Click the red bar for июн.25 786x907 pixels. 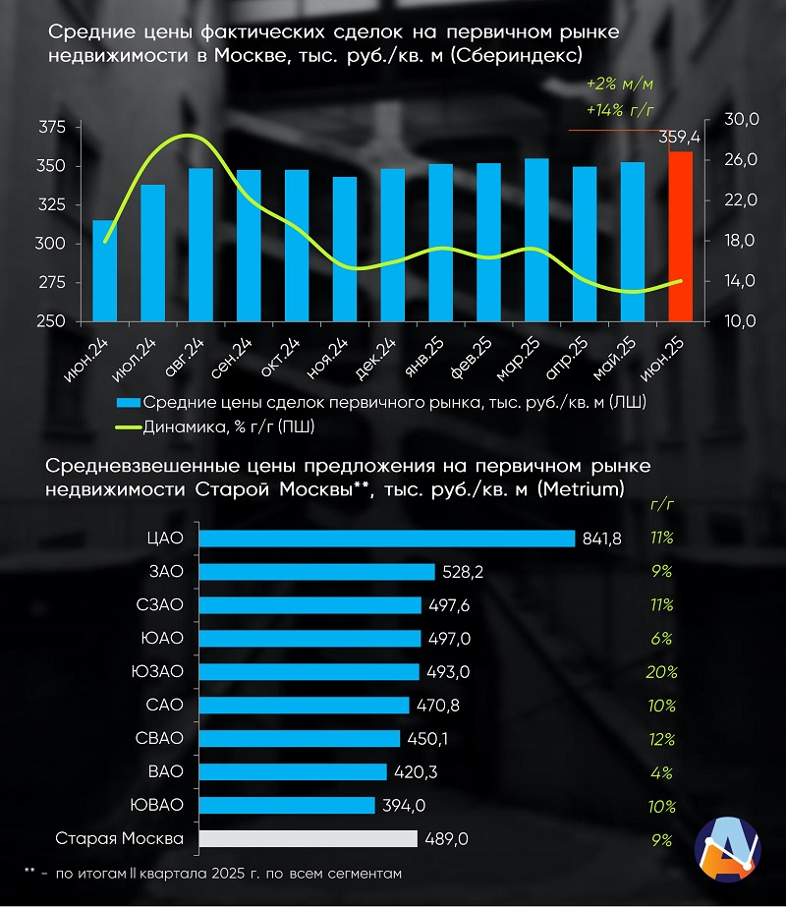coord(680,236)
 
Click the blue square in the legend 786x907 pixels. coord(128,402)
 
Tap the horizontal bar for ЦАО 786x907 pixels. coord(386,539)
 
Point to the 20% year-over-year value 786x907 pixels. coord(661,672)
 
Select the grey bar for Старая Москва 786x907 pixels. coord(308,839)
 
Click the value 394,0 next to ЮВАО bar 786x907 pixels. coord(403,806)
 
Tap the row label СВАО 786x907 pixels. coord(160,739)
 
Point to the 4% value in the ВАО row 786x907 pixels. coord(661,772)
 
